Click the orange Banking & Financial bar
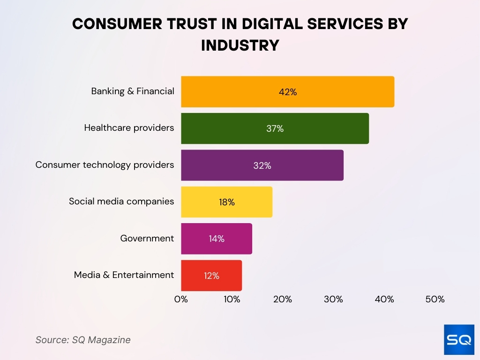[x=287, y=92]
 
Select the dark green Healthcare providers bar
[x=275, y=128]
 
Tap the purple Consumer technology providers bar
[x=262, y=165]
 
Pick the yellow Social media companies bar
[x=226, y=202]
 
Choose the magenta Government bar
[x=217, y=239]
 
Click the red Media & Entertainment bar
[x=211, y=276]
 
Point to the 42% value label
[x=287, y=92]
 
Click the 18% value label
[x=226, y=202]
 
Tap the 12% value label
[x=211, y=276]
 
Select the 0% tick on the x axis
[x=181, y=300]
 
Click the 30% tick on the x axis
[x=333, y=300]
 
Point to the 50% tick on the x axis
[x=435, y=300]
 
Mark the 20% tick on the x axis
[x=283, y=300]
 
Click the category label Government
[x=147, y=239]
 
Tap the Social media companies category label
[x=121, y=202]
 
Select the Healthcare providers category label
[x=129, y=128]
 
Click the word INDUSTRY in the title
[x=240, y=45]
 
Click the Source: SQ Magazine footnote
[x=83, y=340]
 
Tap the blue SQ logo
[x=459, y=339]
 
